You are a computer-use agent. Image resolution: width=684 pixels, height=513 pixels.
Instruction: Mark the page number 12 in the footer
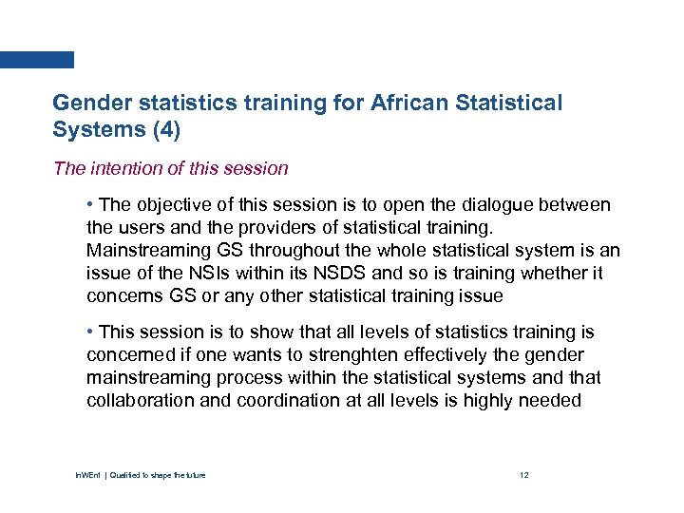pos(523,475)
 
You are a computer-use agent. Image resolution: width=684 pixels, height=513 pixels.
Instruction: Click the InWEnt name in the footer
pos(98,475)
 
